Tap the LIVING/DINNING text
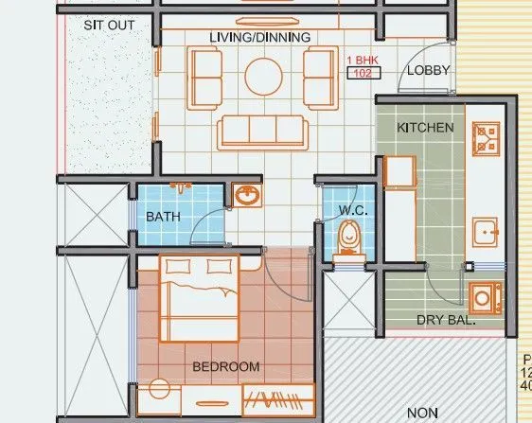coord(260,37)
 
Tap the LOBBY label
coord(428,71)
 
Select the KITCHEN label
coord(425,127)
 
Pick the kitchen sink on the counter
coord(486,232)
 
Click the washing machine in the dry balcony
coord(485,296)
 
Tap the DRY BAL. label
coord(446,321)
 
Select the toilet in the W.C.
coord(349,237)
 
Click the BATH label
coord(163,217)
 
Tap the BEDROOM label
coord(226,366)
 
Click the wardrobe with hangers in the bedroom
coord(275,400)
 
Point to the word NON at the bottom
coord(422,413)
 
